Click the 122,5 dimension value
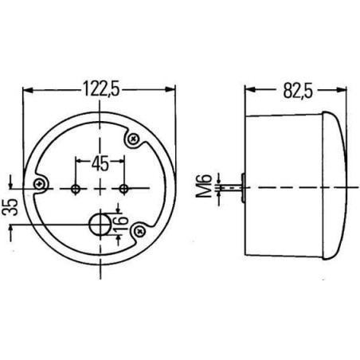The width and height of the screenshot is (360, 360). (x=101, y=88)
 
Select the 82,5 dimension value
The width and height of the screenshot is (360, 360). (x=298, y=91)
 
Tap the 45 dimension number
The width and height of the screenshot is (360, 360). (x=100, y=163)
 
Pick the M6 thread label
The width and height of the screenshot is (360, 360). (x=204, y=186)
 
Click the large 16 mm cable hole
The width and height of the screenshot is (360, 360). (x=100, y=225)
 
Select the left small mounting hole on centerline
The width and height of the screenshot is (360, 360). (x=76, y=190)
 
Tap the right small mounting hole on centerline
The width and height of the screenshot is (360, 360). (x=123, y=189)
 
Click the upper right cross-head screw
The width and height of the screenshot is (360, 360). (x=133, y=139)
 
